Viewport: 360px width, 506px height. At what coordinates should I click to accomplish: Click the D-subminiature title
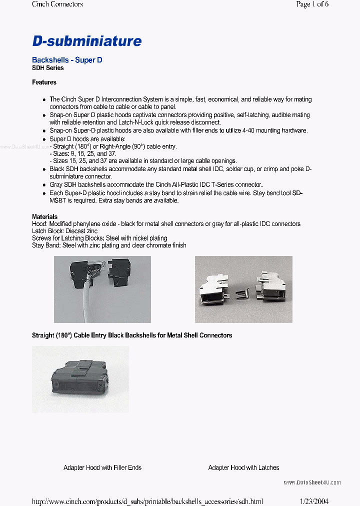click(87, 41)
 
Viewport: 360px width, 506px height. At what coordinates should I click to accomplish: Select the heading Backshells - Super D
click(67, 60)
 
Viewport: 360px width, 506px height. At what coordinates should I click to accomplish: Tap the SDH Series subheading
click(48, 68)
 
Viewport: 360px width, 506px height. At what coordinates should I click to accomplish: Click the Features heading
click(44, 82)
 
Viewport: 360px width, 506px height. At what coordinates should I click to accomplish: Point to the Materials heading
click(44, 217)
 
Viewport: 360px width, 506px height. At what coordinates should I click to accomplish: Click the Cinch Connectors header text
click(57, 4)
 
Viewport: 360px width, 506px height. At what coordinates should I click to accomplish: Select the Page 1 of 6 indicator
click(312, 4)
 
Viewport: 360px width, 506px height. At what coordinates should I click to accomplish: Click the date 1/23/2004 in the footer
click(314, 501)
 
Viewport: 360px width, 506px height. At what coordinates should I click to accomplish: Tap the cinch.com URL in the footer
click(147, 501)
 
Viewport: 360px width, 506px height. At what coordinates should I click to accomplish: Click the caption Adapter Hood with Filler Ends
click(102, 467)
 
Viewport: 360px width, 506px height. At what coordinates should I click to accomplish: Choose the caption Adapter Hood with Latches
click(243, 467)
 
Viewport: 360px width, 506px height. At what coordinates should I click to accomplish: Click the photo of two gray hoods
click(243, 289)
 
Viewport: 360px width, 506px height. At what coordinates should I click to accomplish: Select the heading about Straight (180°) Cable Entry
click(132, 335)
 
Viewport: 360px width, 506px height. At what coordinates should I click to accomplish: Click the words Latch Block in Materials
click(47, 231)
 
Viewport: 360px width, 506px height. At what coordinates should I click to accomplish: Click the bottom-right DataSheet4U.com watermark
click(312, 482)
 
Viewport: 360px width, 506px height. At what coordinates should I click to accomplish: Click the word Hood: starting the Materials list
click(39, 224)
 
